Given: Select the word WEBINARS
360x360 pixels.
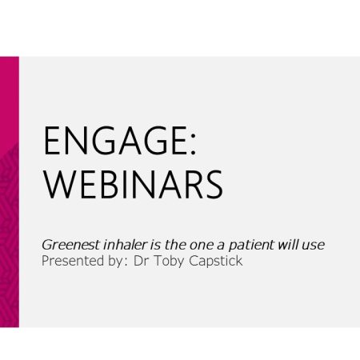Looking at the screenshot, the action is click(x=133, y=185).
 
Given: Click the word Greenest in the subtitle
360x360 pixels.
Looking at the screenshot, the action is click(x=70, y=245).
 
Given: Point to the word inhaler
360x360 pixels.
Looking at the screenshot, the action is click(x=125, y=245).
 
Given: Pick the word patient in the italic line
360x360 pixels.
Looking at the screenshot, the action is click(x=251, y=246).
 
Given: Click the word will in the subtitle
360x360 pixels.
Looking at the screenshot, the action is click(x=288, y=245).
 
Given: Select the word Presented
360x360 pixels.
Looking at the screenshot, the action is click(x=73, y=261).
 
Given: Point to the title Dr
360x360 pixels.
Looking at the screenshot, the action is click(x=141, y=261).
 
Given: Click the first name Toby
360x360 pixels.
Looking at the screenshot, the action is click(x=169, y=262).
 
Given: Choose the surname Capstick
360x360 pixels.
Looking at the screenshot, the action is click(x=216, y=262).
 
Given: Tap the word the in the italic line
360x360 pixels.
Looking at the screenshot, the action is click(x=175, y=245).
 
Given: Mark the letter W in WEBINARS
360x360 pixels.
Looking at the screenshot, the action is click(x=58, y=185).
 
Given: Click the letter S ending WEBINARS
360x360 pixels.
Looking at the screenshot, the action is click(x=214, y=185).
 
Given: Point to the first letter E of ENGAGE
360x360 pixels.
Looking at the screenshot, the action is click(x=51, y=141).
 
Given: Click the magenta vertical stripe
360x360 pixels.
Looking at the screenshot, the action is click(x=10, y=192).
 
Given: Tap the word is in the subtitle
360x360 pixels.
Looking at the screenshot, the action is click(x=155, y=245).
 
